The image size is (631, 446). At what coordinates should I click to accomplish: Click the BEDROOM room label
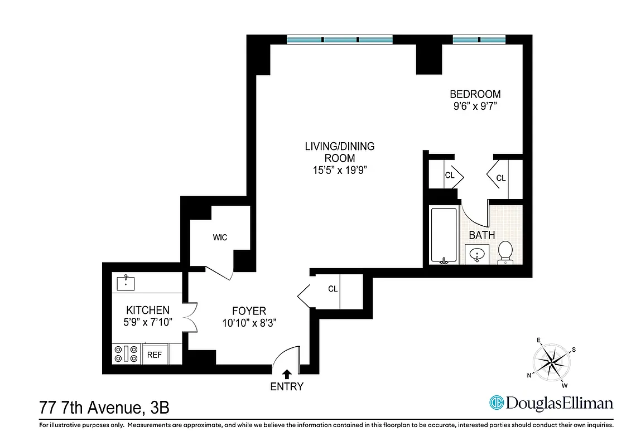click(475, 94)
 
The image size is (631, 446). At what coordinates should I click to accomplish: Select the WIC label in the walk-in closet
click(220, 238)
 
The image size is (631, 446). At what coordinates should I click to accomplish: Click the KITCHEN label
click(147, 310)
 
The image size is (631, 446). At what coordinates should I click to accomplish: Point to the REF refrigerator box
click(153, 354)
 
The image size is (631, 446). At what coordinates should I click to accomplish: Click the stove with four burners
click(126, 353)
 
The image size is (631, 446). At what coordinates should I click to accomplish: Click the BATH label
click(481, 235)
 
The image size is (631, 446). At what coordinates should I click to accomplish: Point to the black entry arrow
click(287, 374)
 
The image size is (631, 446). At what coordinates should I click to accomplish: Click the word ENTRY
click(287, 387)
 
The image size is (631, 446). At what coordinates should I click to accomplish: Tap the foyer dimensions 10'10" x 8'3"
click(249, 323)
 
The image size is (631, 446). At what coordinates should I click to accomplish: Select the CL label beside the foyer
click(333, 289)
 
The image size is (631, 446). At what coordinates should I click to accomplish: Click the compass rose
click(551, 362)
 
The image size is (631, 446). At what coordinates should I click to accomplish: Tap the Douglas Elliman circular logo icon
click(496, 403)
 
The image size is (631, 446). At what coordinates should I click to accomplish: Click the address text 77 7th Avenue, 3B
click(104, 408)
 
